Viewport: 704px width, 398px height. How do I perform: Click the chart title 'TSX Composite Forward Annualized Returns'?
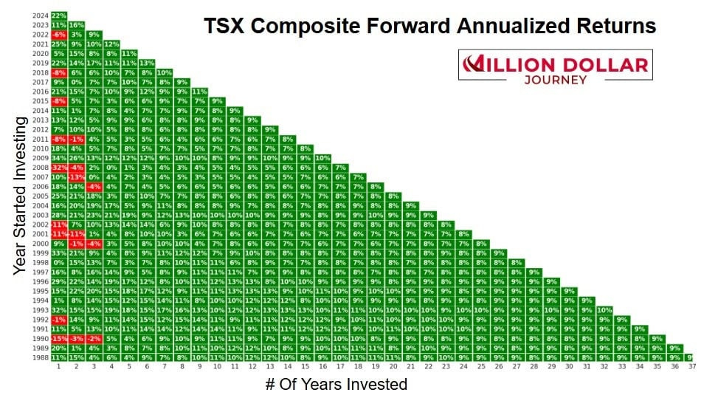click(429, 27)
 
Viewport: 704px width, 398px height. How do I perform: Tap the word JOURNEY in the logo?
click(554, 78)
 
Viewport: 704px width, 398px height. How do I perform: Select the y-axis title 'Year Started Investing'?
click(21, 195)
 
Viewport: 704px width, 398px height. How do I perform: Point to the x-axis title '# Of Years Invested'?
click(335, 384)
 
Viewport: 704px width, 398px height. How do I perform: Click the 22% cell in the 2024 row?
click(59, 15)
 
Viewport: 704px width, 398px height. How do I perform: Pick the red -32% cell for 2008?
click(59, 168)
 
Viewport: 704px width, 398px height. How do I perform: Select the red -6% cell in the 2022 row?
click(59, 34)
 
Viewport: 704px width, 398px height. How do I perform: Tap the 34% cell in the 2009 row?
click(59, 158)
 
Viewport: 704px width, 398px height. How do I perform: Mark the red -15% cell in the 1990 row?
click(59, 339)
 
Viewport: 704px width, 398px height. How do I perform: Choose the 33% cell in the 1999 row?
click(59, 253)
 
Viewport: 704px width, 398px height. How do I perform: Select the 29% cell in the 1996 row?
click(59, 281)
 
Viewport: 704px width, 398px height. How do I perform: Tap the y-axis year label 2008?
click(41, 168)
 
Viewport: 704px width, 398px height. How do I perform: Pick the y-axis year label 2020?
click(41, 53)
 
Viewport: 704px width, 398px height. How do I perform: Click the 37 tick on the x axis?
click(691, 367)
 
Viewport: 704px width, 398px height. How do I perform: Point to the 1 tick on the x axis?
click(59, 367)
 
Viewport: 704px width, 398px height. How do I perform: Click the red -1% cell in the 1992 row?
click(59, 320)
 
